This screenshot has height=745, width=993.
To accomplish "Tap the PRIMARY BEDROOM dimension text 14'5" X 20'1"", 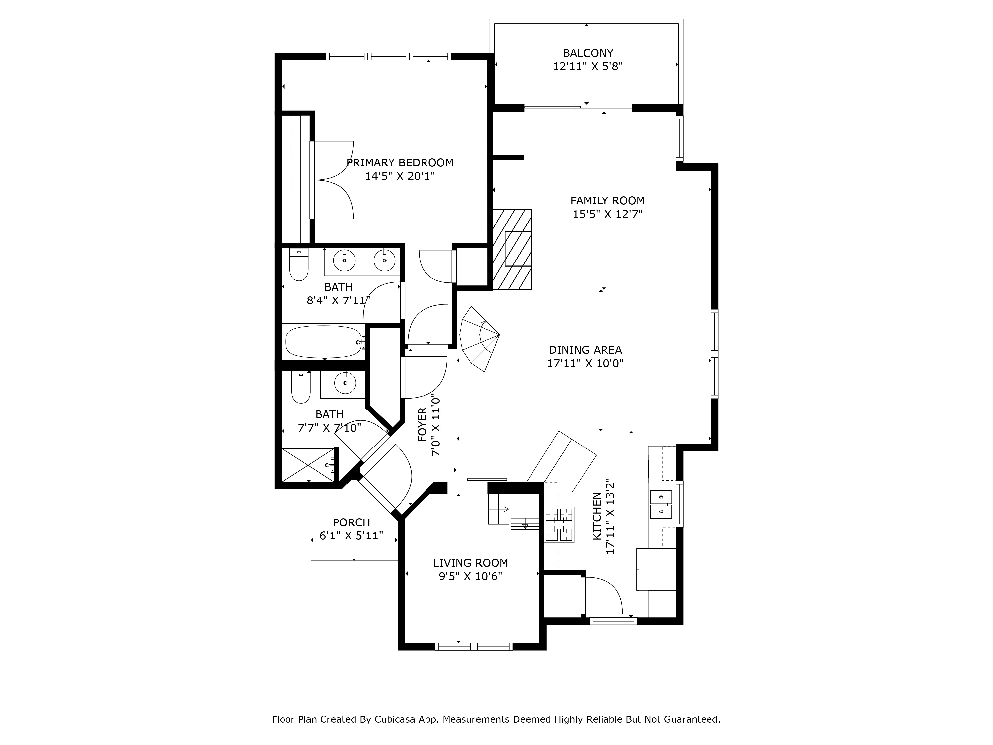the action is point(400,176).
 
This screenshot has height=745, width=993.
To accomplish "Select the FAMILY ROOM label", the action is point(607,200).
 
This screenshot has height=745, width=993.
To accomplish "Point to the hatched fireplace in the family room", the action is point(512,249).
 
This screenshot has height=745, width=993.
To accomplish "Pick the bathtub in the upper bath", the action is point(324,342).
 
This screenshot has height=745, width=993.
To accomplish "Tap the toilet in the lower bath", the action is point(301,387).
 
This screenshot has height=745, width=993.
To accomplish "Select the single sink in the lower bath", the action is point(345,383).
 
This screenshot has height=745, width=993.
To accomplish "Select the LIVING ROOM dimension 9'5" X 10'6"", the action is point(470,576).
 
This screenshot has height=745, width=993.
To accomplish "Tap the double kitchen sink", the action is point(661,504).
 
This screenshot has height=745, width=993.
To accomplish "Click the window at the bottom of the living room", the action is point(474,647).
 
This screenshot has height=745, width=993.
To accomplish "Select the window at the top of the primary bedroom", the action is point(388,56).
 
